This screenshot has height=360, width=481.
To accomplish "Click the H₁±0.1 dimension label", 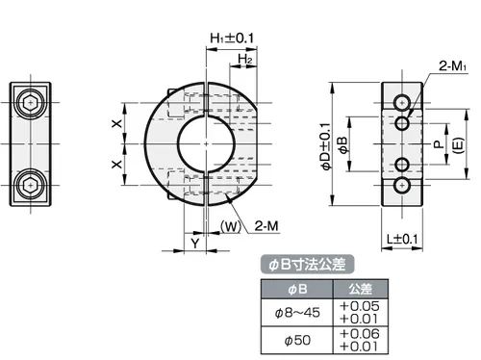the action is [232, 39].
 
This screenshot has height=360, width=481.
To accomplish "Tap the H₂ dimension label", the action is [245, 59].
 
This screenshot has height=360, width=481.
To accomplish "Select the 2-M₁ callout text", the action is [452, 66].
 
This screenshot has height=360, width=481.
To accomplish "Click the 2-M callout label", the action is [266, 226].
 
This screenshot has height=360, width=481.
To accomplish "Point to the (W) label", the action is [231, 226].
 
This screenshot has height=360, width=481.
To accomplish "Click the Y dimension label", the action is [195, 244].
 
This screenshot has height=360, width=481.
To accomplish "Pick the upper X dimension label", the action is [117, 123].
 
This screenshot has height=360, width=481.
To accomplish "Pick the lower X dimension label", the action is [117, 165].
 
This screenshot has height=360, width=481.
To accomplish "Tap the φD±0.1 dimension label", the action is [326, 146].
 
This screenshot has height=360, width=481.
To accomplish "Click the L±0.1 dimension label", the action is [402, 239].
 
